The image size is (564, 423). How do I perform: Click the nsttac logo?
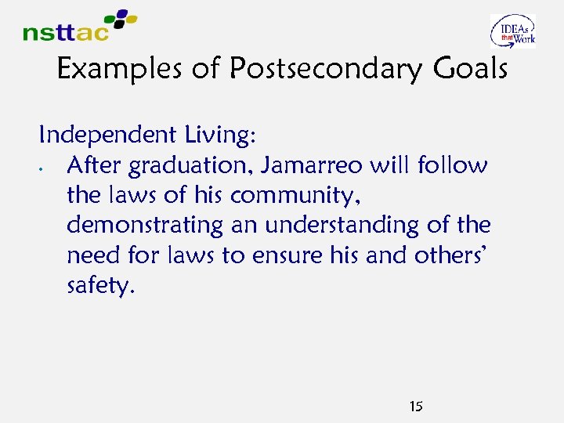pos(78,26)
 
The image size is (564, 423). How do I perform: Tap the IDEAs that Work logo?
pos(513,31)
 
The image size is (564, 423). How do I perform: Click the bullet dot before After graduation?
pos(49,168)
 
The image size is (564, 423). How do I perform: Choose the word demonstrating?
pos(145,226)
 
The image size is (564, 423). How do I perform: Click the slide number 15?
pos(416,407)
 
